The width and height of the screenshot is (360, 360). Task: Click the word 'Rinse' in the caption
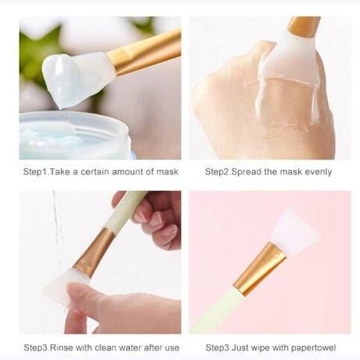(x=62, y=347)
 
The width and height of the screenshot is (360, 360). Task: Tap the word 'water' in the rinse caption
(x=130, y=347)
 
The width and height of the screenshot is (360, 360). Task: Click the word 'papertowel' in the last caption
(x=313, y=348)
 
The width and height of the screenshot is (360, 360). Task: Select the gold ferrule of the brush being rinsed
(x=95, y=252)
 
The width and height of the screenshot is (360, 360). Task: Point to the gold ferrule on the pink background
(x=260, y=269)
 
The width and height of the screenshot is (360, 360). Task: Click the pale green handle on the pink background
(x=219, y=311)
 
